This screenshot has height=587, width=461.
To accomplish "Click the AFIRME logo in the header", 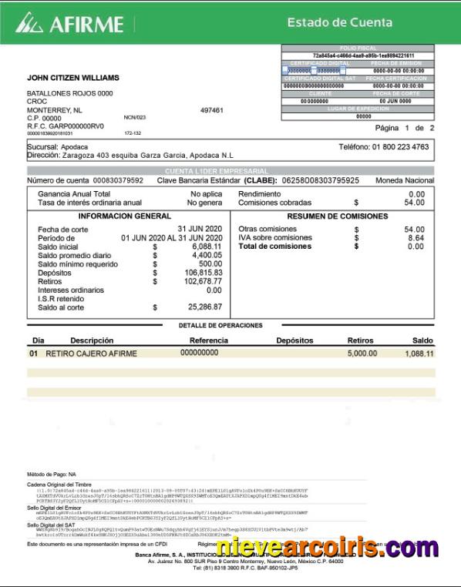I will click(x=59, y=23).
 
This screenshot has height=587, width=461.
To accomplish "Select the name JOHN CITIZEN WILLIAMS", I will click(x=73, y=78).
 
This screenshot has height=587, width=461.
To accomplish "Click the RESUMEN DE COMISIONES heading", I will click(x=338, y=216).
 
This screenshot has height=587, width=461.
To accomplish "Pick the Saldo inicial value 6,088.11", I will click(x=201, y=247).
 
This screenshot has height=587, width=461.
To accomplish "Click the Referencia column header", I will click(x=209, y=340).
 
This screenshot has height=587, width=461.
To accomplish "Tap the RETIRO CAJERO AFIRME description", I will click(x=91, y=354).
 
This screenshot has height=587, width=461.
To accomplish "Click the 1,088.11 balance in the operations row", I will click(x=419, y=354).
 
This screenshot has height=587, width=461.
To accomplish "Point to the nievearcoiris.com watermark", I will click(x=338, y=548).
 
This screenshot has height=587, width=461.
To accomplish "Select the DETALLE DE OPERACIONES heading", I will click(x=220, y=325).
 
